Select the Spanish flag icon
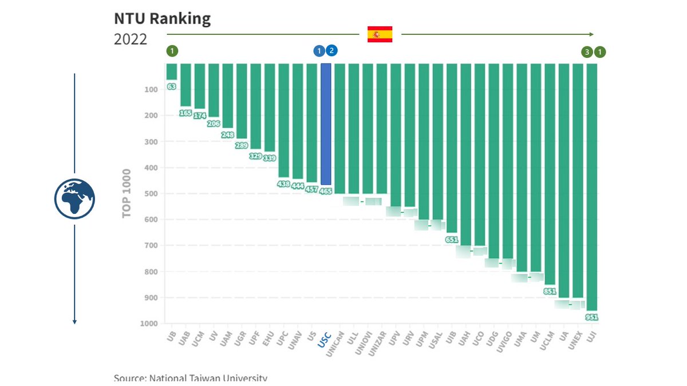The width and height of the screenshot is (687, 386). [380, 34]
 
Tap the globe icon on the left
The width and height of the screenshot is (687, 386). [74, 199]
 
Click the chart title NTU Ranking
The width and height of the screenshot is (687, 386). [162, 19]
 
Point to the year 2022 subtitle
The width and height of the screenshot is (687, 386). [131, 39]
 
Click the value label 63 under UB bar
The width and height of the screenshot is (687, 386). [171, 86]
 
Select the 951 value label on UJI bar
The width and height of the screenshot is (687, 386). [592, 317]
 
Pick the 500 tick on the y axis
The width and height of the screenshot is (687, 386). [151, 193]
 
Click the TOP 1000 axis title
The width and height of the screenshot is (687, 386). [127, 193]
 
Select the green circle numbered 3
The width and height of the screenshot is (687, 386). [586, 52]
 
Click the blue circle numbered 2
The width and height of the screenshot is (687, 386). [331, 51]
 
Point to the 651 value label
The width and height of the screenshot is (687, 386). [452, 240]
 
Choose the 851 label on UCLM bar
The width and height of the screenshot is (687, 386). [550, 291]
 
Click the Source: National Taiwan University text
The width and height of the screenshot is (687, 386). [191, 378]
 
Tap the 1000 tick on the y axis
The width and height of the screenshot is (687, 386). [148, 324]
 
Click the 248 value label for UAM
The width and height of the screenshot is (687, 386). [227, 136]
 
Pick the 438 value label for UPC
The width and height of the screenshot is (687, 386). [283, 185]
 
